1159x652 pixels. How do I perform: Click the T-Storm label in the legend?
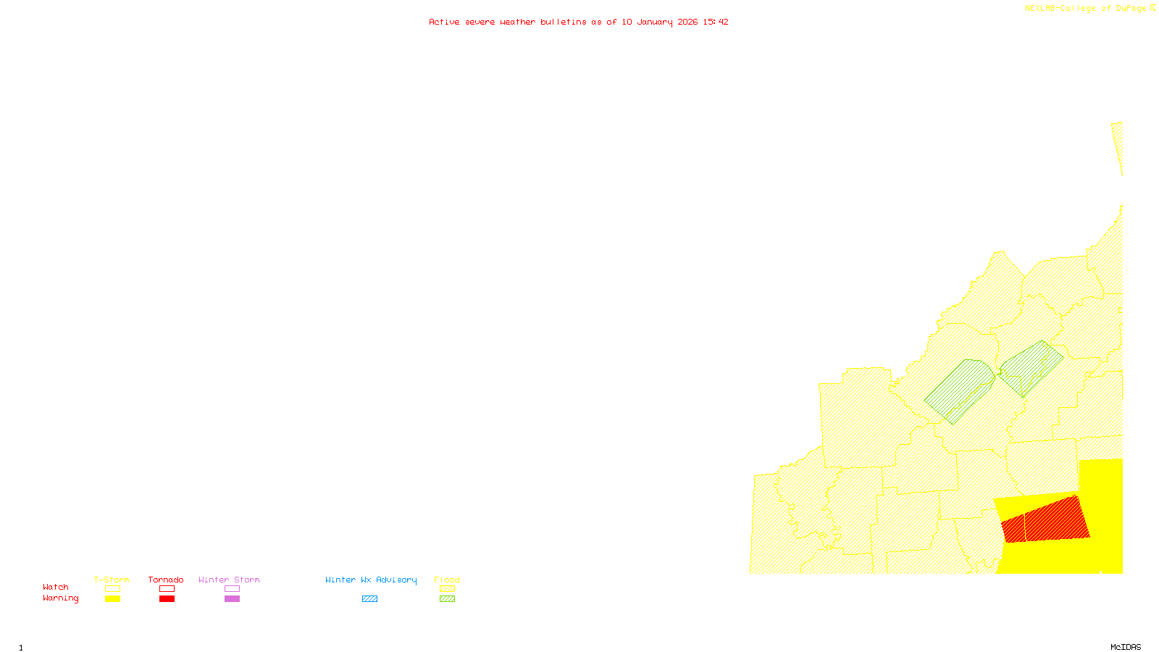(112, 580)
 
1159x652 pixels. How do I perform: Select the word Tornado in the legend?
(166, 580)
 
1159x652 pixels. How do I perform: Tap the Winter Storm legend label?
(229, 580)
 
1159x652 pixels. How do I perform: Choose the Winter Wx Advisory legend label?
(371, 580)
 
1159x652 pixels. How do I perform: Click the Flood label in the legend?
(447, 580)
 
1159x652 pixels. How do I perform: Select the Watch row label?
(56, 587)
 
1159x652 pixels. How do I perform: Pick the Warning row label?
(61, 598)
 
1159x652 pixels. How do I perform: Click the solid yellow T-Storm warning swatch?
(112, 599)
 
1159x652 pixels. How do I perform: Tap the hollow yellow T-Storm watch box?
(112, 589)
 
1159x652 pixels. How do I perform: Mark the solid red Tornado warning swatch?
(167, 599)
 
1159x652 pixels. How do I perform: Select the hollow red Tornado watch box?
(167, 589)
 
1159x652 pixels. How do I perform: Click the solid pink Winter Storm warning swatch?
(232, 599)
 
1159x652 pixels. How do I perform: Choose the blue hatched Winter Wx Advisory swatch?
(369, 599)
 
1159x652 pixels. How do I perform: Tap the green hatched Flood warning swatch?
(448, 599)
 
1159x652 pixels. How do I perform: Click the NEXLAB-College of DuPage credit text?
(1086, 9)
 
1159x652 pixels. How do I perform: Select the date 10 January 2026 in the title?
(660, 22)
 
